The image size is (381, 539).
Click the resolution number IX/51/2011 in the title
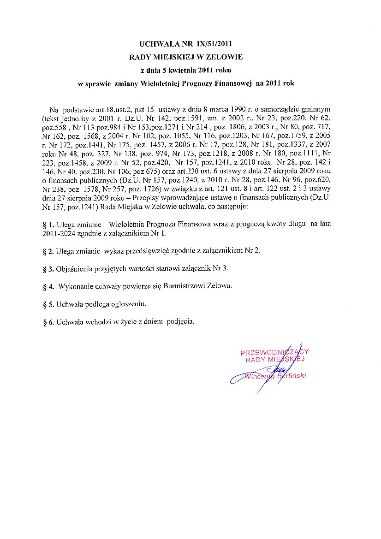[x=213, y=44]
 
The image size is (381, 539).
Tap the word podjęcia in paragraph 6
[x=181, y=322]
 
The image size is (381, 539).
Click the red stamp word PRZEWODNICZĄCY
[x=274, y=352]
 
